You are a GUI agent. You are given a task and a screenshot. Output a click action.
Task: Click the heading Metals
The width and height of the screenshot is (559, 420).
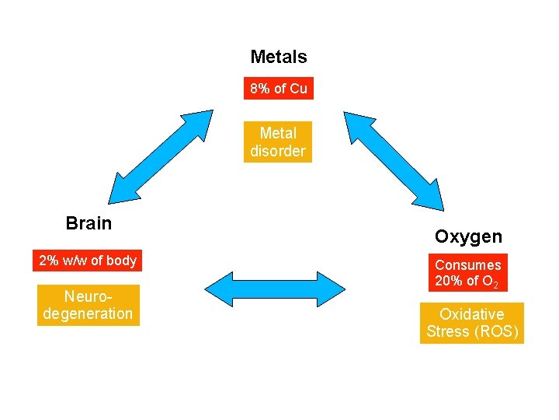[278, 57]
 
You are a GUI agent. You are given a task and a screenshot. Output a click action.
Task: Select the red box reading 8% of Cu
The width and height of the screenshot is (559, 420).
[278, 89]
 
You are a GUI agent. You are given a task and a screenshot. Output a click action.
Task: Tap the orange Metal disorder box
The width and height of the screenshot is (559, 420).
[278, 142]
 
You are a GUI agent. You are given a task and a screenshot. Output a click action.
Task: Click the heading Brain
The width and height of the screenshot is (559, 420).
[89, 223]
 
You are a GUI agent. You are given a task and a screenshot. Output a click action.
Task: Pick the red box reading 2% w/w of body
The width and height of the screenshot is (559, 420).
[88, 261]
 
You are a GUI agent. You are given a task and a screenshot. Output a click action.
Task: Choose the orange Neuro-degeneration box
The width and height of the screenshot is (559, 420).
[88, 305]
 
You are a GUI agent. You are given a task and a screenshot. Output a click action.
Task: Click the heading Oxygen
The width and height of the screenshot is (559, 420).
[468, 236]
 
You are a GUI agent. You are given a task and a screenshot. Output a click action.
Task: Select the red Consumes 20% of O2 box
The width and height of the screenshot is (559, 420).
[467, 273]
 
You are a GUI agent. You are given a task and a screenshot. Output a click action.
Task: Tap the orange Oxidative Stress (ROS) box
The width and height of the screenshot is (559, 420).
[471, 323]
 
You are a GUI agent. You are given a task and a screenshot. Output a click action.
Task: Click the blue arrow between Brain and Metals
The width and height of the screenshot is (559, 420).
[161, 158]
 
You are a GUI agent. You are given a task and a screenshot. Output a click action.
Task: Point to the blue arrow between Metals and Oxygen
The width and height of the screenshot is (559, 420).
[394, 161]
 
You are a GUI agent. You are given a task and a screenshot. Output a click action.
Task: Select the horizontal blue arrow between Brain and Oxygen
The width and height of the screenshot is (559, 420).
[278, 287]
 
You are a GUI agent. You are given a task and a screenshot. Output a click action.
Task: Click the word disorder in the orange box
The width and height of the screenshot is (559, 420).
[278, 151]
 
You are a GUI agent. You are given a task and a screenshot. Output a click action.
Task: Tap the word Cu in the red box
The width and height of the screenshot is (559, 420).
[298, 89]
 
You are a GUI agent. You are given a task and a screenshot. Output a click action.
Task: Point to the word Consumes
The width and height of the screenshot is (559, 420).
[467, 265]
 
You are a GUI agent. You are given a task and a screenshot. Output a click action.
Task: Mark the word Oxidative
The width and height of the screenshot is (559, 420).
[471, 314]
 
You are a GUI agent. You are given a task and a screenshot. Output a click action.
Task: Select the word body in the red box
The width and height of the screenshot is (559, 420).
[121, 261]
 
